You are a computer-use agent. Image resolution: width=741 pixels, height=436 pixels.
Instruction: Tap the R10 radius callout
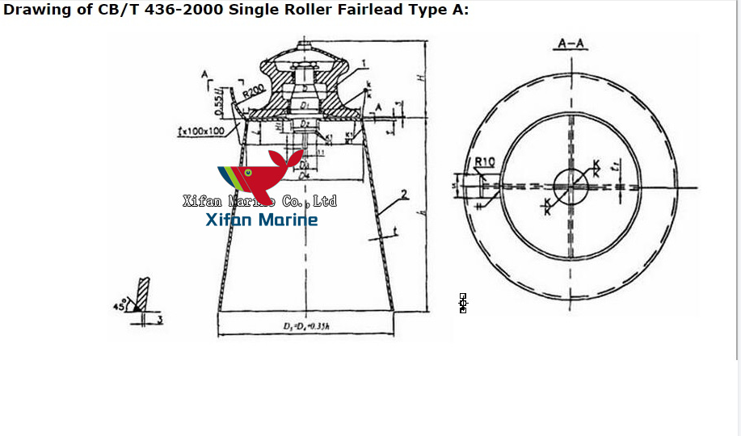click(x=484, y=162)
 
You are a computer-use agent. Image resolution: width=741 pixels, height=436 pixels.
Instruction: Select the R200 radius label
click(x=251, y=92)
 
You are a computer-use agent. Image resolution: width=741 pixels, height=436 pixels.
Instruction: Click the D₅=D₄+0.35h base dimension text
click(x=305, y=326)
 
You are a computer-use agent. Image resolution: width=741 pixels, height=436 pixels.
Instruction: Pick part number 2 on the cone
click(x=403, y=195)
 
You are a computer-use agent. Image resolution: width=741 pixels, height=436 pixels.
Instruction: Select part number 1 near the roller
click(x=364, y=63)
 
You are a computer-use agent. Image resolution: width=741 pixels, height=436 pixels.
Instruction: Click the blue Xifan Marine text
click(x=262, y=220)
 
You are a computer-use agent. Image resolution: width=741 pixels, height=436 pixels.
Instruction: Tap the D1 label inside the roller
click(x=304, y=106)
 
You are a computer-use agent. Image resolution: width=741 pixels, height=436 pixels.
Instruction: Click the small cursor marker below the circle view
click(x=463, y=303)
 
